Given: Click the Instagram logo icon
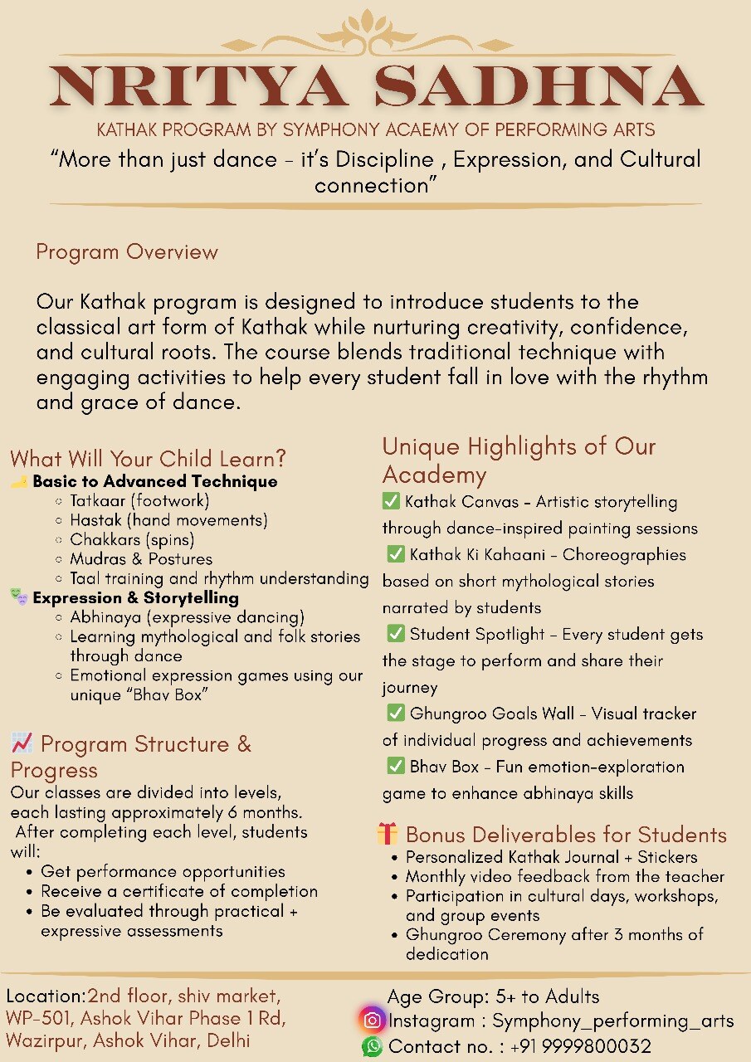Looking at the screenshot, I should [x=373, y=1021].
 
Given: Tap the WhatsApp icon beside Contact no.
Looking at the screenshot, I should [x=373, y=1046].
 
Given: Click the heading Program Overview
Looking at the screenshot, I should [x=127, y=252].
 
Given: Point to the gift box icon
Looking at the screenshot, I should [x=388, y=834].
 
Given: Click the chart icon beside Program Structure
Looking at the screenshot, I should [x=22, y=742].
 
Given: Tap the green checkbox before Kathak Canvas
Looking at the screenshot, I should [x=391, y=501].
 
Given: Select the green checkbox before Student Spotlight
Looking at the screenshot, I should [x=396, y=634].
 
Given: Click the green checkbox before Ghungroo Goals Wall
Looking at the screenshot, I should [x=396, y=714].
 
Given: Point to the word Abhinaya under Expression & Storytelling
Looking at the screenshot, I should [x=103, y=617].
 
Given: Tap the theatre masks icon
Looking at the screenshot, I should [x=19, y=597].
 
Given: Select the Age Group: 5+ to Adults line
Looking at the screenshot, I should [x=493, y=996].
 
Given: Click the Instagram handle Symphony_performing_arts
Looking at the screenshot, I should [x=613, y=1021].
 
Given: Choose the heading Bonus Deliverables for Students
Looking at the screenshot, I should [x=566, y=835].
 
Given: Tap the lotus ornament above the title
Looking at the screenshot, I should [x=375, y=33].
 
